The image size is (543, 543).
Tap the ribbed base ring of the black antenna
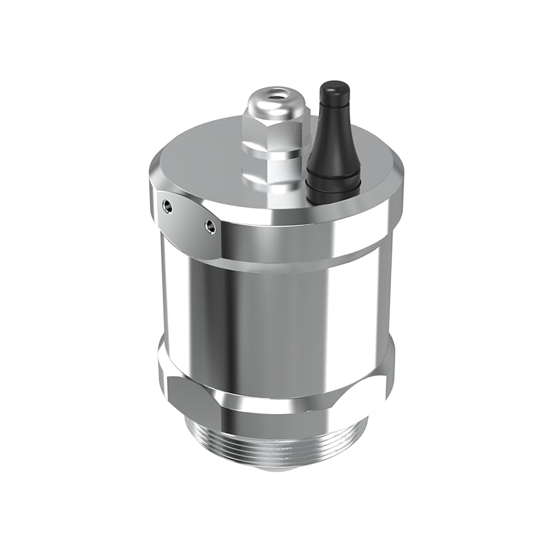tap(333, 182)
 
